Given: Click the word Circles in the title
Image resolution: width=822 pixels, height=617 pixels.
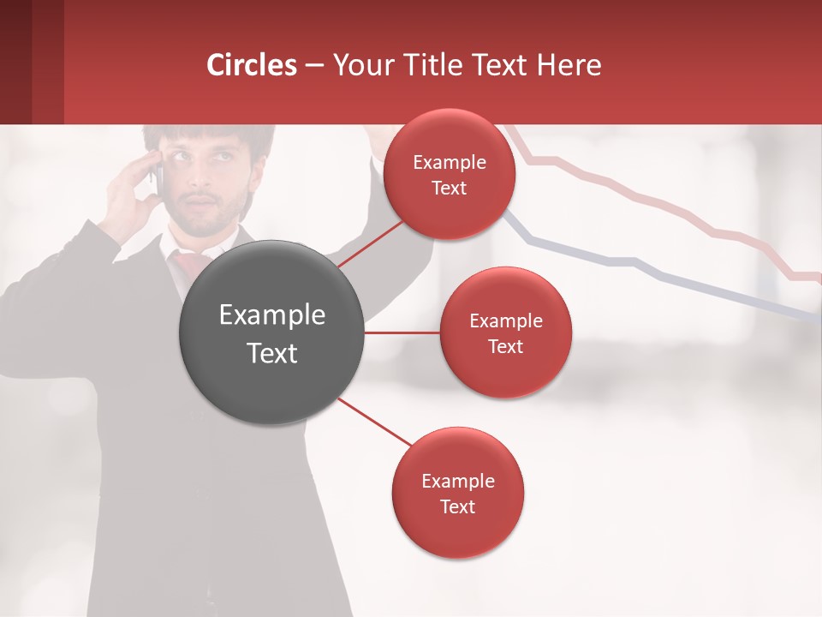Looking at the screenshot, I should point(252,65).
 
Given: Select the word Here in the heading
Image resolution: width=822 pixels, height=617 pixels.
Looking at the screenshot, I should point(570,65).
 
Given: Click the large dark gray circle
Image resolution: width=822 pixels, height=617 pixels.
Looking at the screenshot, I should point(271,332).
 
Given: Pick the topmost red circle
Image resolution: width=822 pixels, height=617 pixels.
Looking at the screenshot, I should point(450,174).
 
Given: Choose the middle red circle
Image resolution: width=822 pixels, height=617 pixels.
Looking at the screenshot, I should point(505,332).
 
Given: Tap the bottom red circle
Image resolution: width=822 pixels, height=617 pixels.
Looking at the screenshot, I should point(457,493).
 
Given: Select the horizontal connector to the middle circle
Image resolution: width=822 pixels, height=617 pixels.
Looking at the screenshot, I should point(402,332).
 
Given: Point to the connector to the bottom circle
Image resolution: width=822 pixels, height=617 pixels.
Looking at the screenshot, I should point(374,422).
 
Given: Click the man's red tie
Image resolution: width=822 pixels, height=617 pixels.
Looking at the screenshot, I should point(190,261).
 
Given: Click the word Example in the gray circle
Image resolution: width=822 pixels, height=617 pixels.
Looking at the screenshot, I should point(271,315).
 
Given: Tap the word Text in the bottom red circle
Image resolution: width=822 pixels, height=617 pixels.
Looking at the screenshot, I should point(457,506).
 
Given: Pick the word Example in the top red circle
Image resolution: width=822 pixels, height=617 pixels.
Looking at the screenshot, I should point(450,162).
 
